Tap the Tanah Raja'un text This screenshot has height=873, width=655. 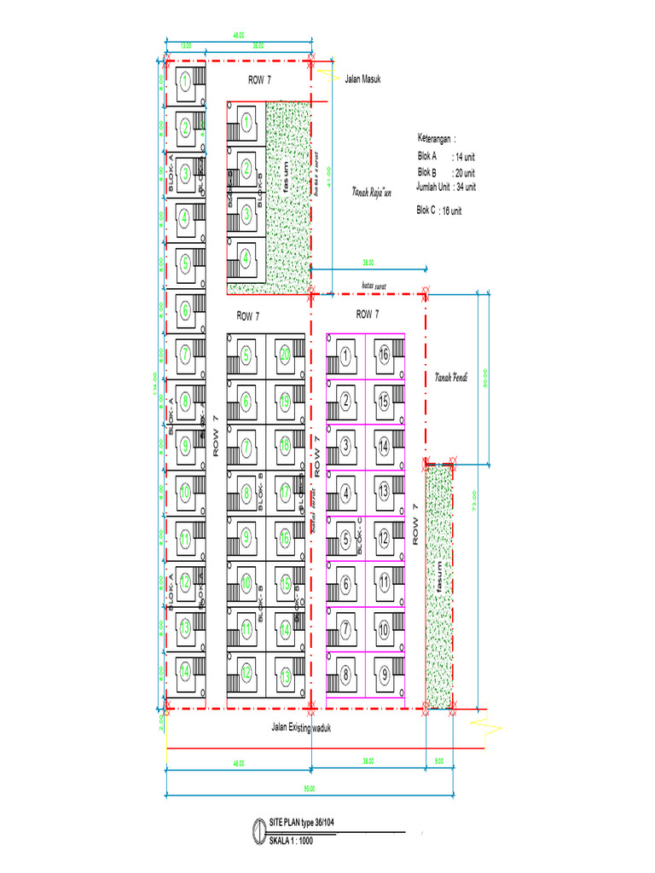pos(370,193)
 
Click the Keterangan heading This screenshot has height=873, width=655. pos(436,137)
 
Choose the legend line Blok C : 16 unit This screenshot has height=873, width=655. pos(438,210)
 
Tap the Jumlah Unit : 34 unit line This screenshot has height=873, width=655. pos(445,187)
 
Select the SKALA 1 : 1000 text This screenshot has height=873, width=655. pos(292,839)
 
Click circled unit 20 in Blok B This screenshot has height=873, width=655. pos(285,355)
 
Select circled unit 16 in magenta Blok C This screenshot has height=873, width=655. pos(385,355)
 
